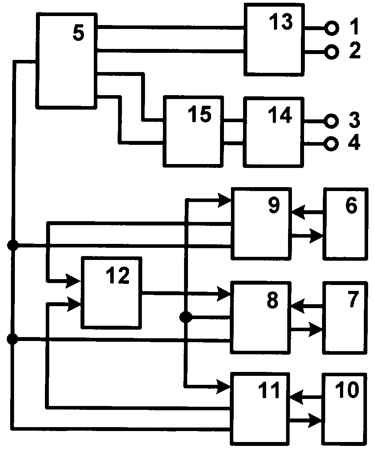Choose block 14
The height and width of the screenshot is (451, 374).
coord(274,131)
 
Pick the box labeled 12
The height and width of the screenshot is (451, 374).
coord(111,292)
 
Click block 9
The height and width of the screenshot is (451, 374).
coord(261,224)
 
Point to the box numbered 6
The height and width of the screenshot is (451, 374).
coord(345,224)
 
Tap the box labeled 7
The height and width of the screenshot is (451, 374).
coord(345,317)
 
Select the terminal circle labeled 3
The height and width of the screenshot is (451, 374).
coord(331,121)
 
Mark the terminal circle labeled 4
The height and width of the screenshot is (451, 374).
coord(331,144)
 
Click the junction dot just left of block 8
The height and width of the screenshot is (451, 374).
coord(186,317)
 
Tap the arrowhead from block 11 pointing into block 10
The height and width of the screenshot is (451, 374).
coord(315,421)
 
